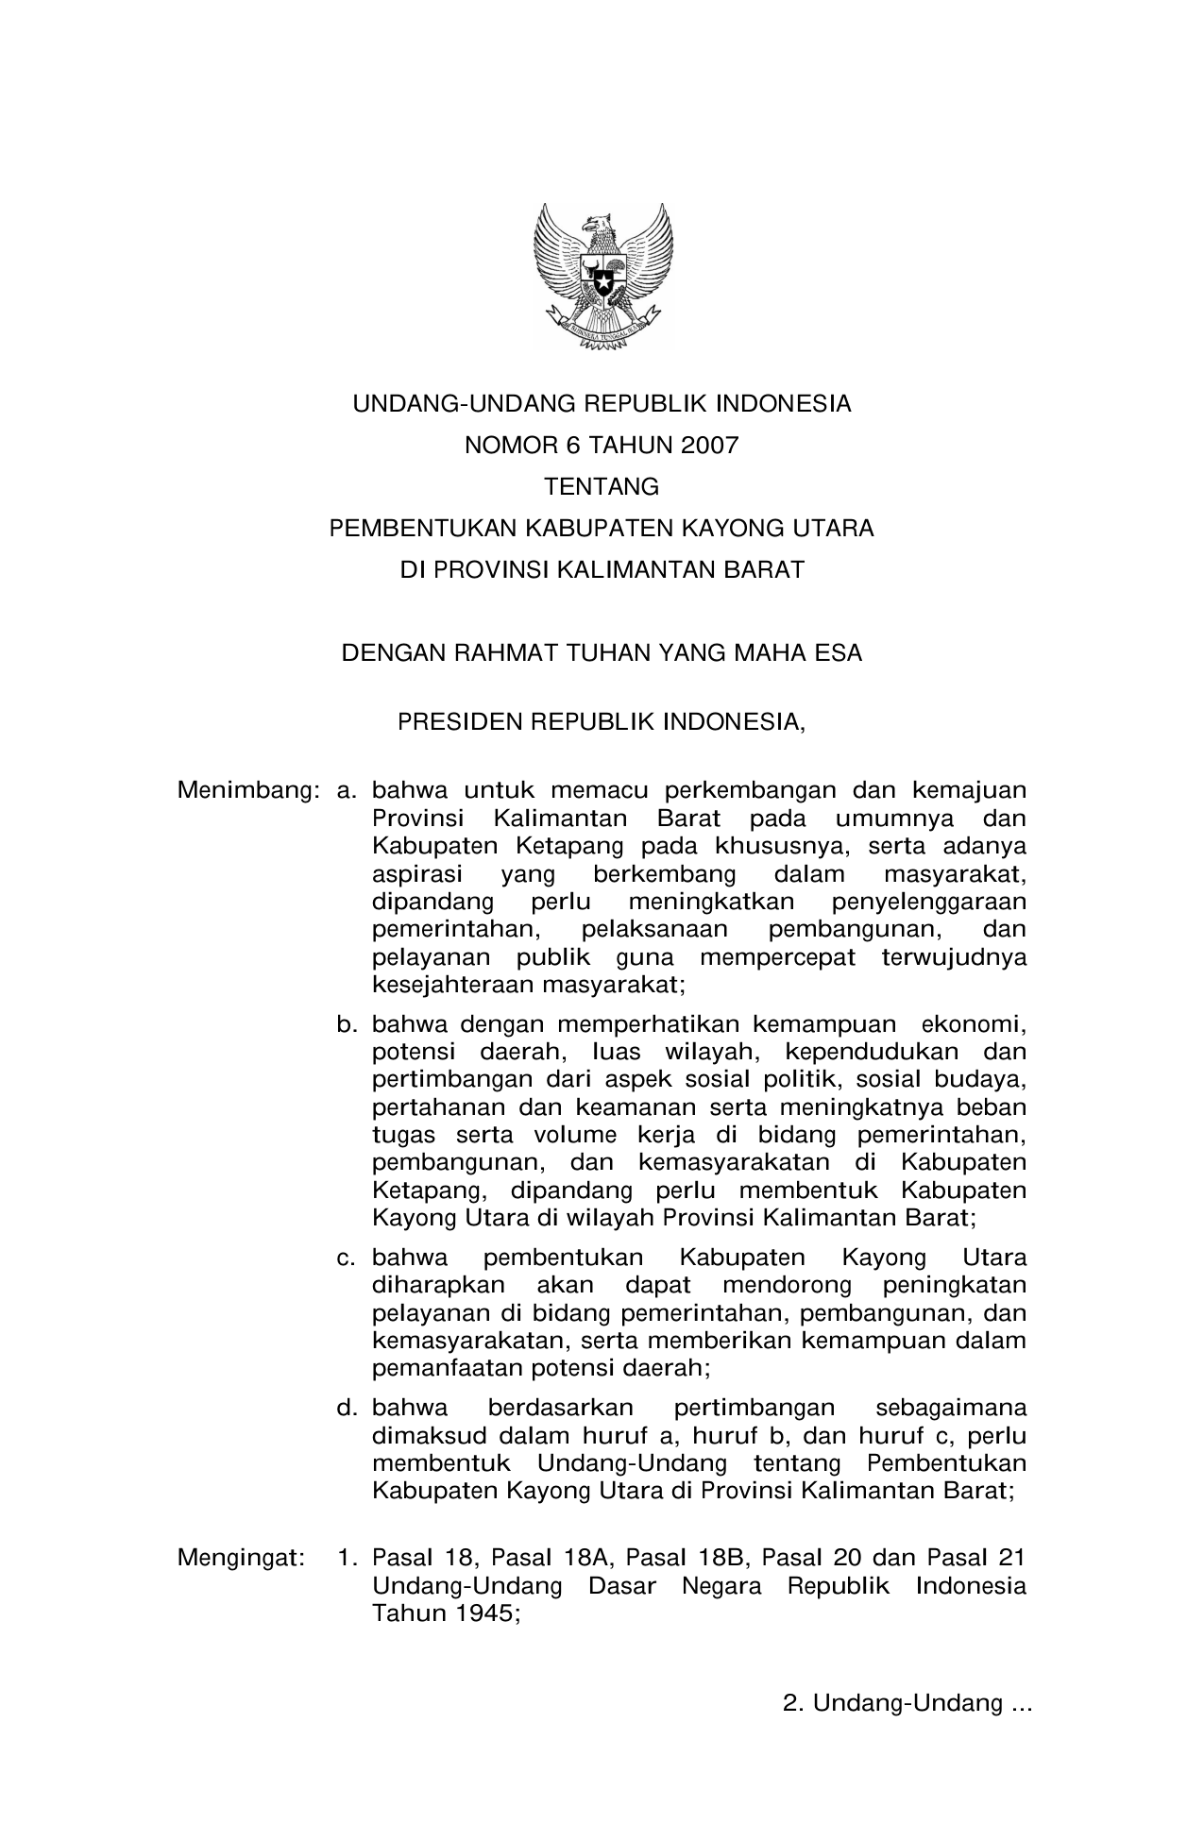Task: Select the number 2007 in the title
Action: click(707, 446)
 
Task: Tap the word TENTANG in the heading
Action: click(602, 487)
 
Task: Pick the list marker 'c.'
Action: click(347, 1258)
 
